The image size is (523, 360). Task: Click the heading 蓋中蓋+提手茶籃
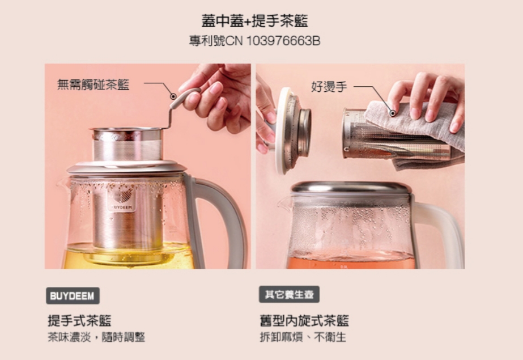point(254,21)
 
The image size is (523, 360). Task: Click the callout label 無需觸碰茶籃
point(93,84)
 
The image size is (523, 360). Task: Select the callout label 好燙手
point(329,87)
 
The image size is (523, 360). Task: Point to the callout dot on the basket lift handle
point(173,96)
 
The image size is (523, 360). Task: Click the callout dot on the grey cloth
point(393,113)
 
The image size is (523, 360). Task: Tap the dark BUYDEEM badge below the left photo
point(73,295)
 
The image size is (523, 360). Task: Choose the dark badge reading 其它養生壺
point(289,294)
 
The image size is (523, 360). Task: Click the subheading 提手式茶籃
point(79,320)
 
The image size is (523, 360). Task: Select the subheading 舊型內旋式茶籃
point(304,320)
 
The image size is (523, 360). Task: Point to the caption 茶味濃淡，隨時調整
point(96,337)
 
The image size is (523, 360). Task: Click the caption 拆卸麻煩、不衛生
point(303,337)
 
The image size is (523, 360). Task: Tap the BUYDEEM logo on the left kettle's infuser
point(122,200)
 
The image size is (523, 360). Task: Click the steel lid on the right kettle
point(350,188)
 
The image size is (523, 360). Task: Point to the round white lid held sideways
point(283,131)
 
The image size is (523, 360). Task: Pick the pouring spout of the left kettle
point(63,183)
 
